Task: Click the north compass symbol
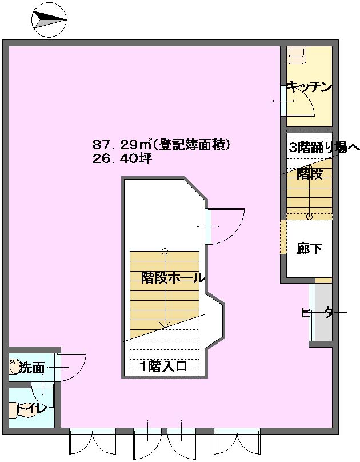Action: (x=49, y=21)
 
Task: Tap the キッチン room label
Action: (x=309, y=87)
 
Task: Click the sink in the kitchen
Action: (x=297, y=54)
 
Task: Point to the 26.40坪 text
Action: (x=122, y=159)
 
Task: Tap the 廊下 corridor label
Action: (x=309, y=248)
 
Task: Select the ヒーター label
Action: (x=323, y=313)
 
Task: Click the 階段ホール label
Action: (x=173, y=277)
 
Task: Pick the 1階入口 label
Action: (x=163, y=367)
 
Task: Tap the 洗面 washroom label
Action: (x=32, y=368)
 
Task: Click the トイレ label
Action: (x=31, y=409)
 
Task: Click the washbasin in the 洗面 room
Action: (x=14, y=367)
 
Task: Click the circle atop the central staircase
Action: (x=165, y=252)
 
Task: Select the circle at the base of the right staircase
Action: (x=309, y=217)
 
